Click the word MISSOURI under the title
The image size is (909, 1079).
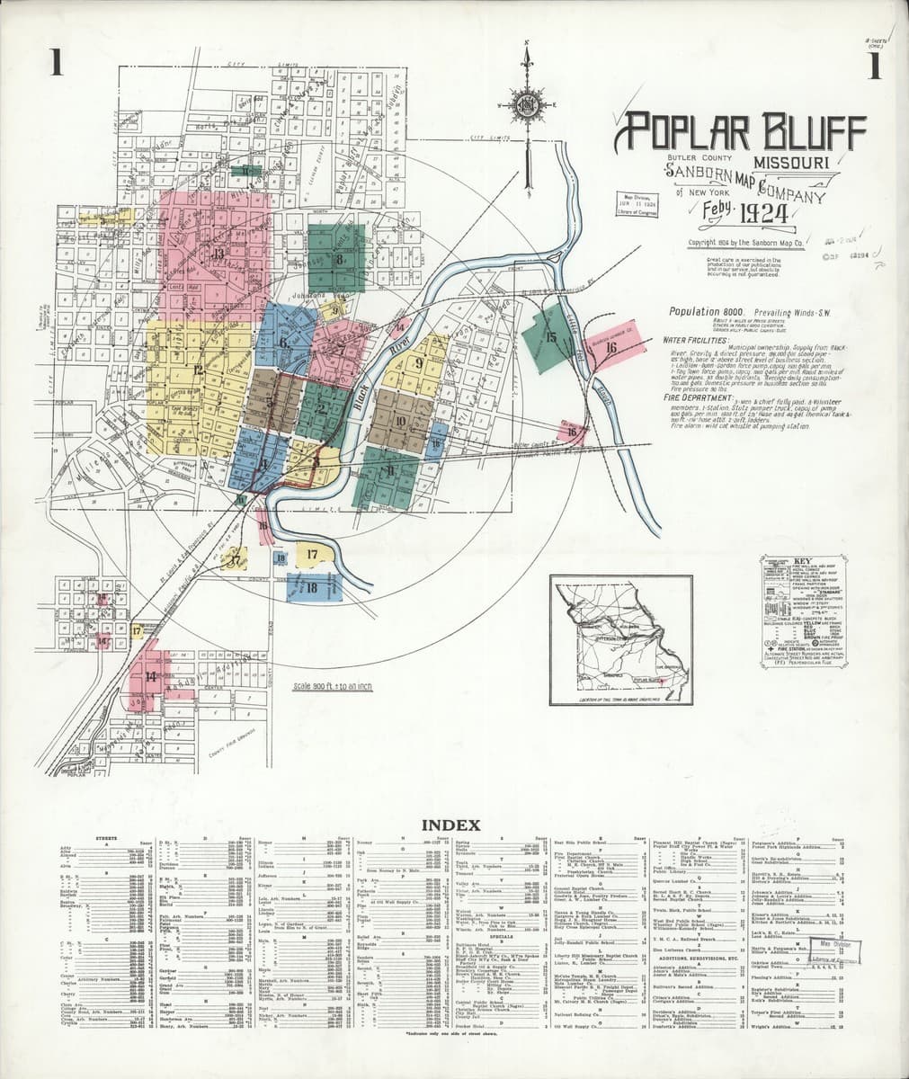point(790,162)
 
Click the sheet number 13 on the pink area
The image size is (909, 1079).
point(218,254)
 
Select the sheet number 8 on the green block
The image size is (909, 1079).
point(340,260)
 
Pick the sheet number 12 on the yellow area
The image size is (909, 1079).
point(194,369)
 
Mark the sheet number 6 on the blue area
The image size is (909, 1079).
point(283,342)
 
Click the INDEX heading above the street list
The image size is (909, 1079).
point(455,825)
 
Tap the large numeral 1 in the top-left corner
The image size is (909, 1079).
point(57,66)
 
